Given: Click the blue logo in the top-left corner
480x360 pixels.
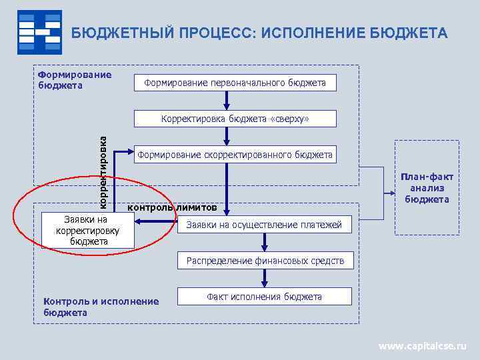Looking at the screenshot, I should pyautogui.click(x=39, y=32).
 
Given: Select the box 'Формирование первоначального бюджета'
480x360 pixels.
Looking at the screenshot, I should pyautogui.click(x=234, y=83).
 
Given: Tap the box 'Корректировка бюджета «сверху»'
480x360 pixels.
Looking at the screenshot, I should pyautogui.click(x=235, y=119).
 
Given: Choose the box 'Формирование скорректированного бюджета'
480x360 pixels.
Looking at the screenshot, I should pyautogui.click(x=235, y=155).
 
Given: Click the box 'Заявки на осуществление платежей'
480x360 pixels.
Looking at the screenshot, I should pyautogui.click(x=263, y=225).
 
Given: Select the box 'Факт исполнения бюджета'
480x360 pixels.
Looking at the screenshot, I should pyautogui.click(x=264, y=297).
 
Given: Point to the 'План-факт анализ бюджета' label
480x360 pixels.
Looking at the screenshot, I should pyautogui.click(x=427, y=188).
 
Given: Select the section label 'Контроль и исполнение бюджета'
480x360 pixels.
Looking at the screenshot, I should pyautogui.click(x=101, y=307).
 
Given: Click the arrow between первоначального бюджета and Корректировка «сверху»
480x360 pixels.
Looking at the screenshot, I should pyautogui.click(x=227, y=100).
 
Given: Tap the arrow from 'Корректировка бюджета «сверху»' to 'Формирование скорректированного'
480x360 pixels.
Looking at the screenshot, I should pyautogui.click(x=227, y=136).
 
